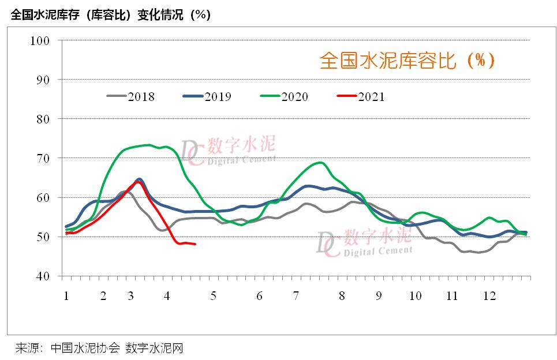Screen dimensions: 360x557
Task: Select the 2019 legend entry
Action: (x=207, y=96)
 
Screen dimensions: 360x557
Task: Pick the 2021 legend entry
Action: (x=360, y=96)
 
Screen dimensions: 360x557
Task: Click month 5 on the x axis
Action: (x=213, y=296)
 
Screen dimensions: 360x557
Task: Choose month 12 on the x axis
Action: (x=489, y=296)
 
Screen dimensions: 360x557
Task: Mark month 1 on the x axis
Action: (x=66, y=296)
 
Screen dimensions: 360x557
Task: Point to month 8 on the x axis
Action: (x=342, y=296)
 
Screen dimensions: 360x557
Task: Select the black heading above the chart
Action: (x=110, y=15)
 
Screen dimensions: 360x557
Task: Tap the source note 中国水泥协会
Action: (x=85, y=348)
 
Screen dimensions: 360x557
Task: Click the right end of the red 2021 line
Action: (x=195, y=244)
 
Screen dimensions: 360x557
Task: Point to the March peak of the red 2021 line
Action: (x=139, y=182)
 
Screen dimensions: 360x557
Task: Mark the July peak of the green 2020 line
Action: (x=320, y=163)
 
